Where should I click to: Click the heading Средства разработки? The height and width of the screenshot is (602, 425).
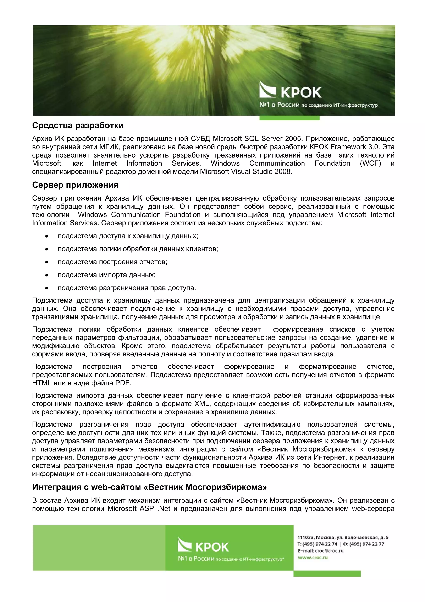78,126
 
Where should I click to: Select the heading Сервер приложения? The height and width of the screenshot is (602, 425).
75,185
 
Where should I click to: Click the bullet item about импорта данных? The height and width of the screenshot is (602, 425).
107,275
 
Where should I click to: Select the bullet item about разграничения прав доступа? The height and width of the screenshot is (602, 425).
127,288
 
